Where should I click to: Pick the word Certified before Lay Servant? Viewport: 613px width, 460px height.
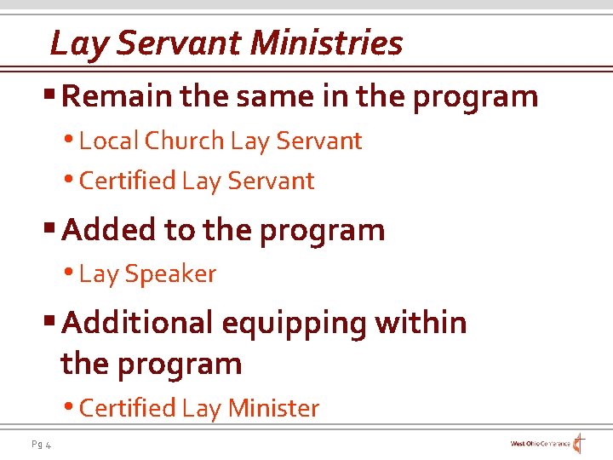point(127,181)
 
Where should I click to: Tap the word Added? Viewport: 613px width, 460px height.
point(107,230)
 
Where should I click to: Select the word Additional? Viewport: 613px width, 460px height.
point(137,323)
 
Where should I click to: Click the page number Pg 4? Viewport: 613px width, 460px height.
point(41,444)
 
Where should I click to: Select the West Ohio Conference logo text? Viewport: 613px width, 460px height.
point(540,444)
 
